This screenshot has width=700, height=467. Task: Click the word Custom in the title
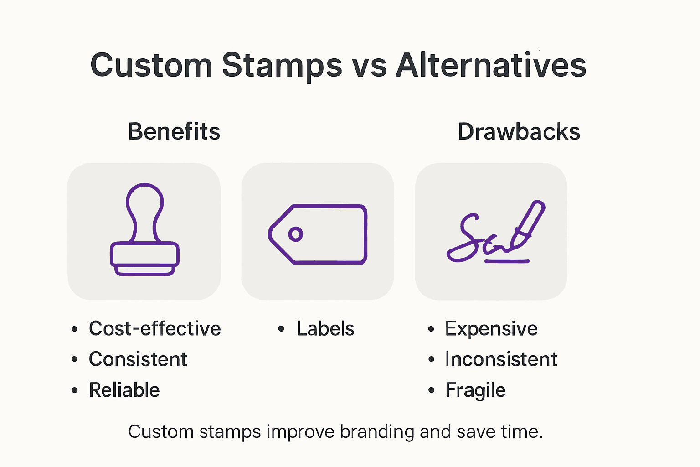[151, 65]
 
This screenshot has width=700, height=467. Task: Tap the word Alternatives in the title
[491, 65]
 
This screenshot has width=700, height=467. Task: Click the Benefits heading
[174, 132]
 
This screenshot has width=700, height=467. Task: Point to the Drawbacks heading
[519, 132]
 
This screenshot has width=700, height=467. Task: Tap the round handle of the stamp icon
[144, 201]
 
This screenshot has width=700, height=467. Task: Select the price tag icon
[318, 234]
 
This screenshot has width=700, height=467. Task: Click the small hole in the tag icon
[295, 234]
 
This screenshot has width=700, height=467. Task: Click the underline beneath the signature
[507, 262]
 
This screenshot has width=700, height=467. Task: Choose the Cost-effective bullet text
[154, 329]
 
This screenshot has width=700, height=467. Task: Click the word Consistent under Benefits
[138, 359]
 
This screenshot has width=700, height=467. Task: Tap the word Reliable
[124, 390]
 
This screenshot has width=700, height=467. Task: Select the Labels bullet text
[325, 329]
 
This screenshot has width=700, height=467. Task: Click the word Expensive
[491, 329]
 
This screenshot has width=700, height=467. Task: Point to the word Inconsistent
[501, 359]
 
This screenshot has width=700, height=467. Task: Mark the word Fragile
[475, 390]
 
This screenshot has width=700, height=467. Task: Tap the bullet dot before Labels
[281, 329]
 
